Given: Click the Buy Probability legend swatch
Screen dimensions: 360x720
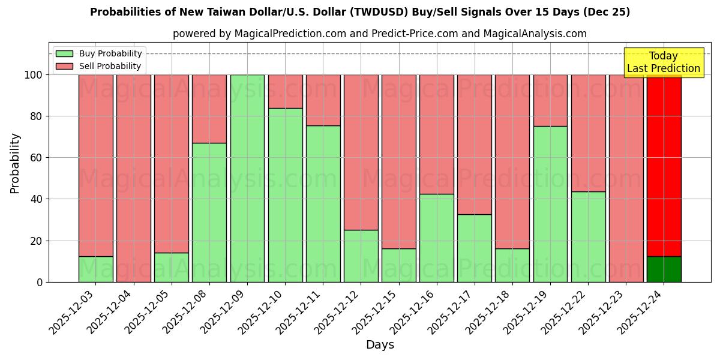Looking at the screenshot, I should coord(64,54).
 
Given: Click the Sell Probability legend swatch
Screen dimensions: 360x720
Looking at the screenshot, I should coord(64,67).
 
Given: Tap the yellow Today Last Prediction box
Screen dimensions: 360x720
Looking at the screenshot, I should coord(663,62).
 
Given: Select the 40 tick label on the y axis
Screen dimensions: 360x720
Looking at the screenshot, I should coord(37,199).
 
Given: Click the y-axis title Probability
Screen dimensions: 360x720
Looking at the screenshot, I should coord(15,163).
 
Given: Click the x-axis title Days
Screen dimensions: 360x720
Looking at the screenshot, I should coord(380,345).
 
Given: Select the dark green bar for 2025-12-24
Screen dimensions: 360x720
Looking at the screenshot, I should coord(664,269).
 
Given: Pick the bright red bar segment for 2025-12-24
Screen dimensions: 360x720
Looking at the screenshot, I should coord(664,166).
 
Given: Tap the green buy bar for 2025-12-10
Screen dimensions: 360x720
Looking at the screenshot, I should coord(285,195).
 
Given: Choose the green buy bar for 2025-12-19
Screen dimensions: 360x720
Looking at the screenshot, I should coord(550,204).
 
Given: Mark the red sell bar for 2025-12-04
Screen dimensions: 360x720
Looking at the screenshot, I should coord(133,178).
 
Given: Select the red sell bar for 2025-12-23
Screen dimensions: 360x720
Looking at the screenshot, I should coord(626,178).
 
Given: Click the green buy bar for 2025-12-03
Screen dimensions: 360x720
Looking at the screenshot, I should coord(95,269).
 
